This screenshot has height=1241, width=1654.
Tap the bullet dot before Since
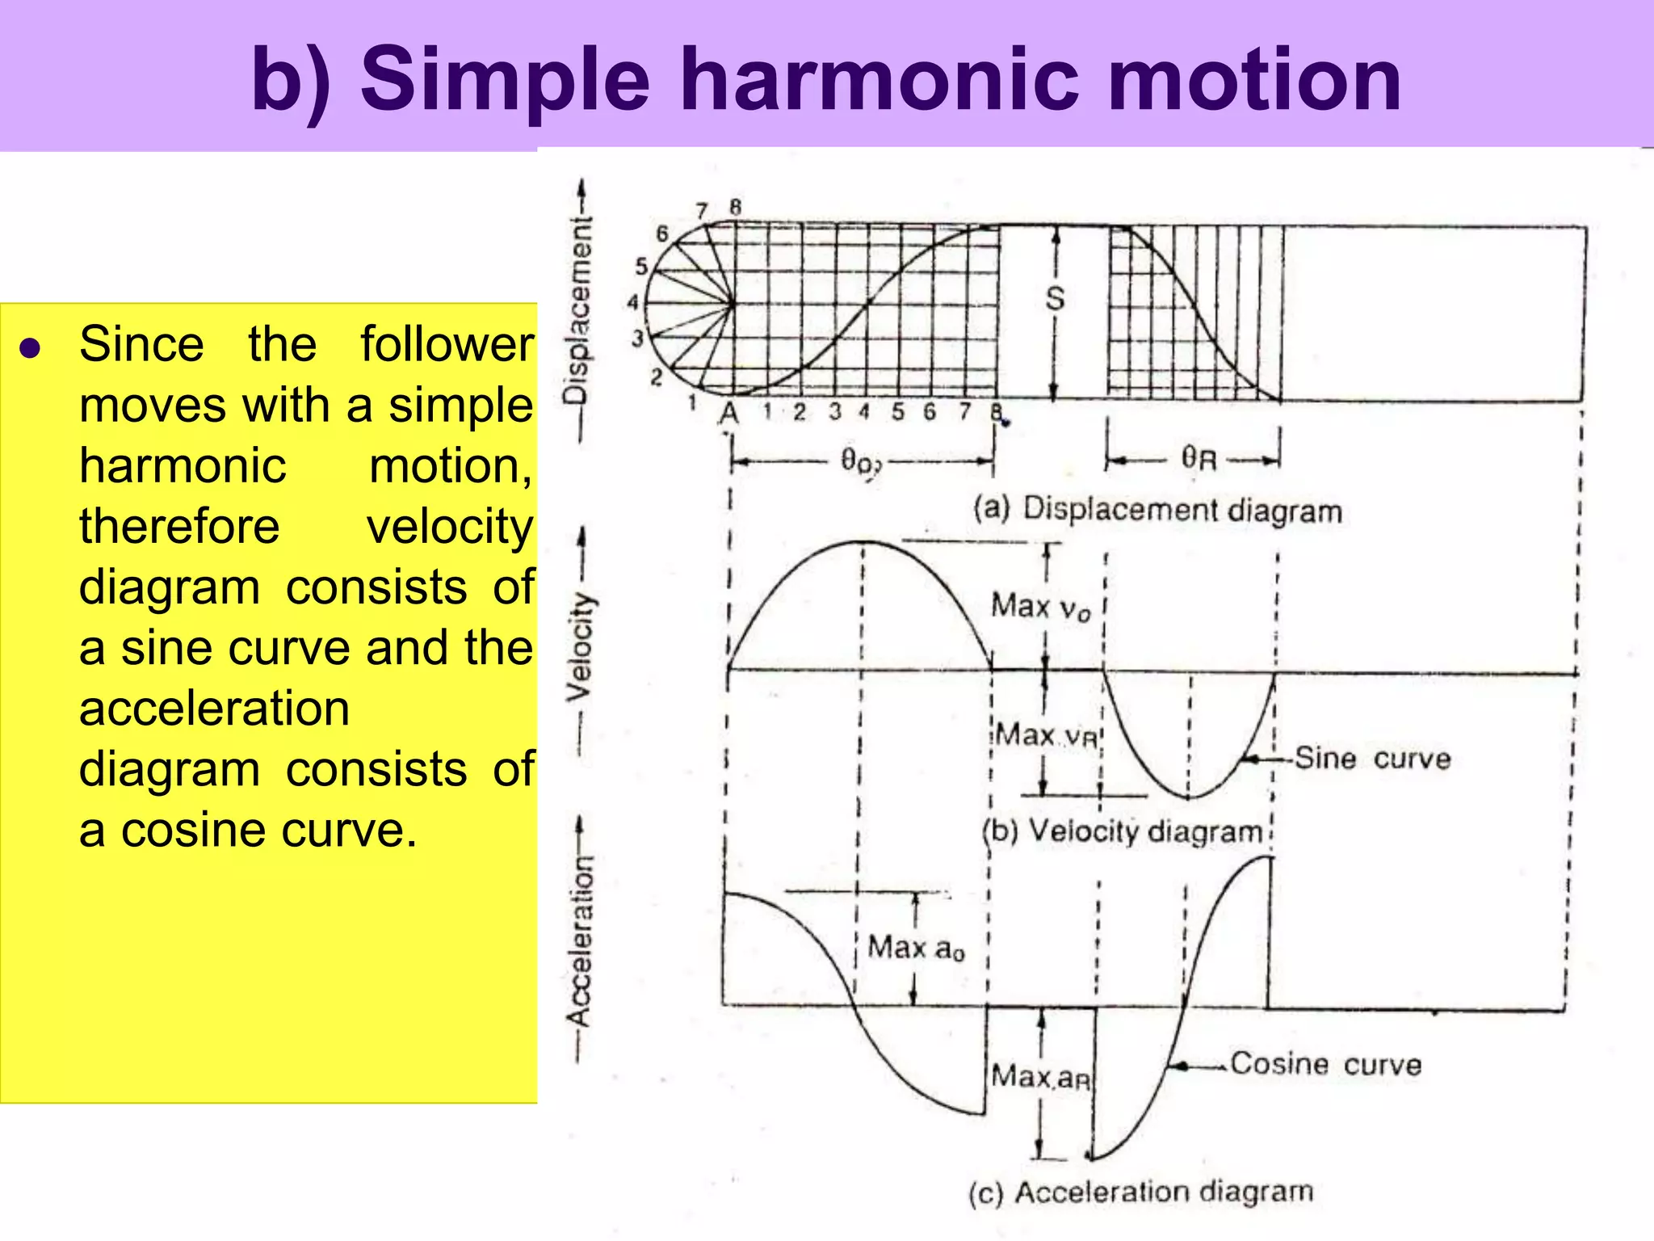(x=31, y=348)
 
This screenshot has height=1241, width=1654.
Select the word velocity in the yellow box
(x=450, y=527)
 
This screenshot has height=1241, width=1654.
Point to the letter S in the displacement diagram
(x=1055, y=299)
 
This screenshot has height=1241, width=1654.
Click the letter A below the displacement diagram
(x=728, y=414)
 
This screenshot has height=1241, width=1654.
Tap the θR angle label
(x=1199, y=459)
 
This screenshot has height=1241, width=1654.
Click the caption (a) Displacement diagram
(x=1157, y=510)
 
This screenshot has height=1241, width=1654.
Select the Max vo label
(x=1040, y=606)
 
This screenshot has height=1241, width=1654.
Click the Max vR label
(x=1046, y=736)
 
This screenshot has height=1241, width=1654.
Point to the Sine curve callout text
(x=1372, y=759)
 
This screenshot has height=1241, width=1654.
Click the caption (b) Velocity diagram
(x=1123, y=831)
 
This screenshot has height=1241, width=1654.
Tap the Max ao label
(x=916, y=948)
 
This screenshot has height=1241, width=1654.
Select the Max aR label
(x=1041, y=1076)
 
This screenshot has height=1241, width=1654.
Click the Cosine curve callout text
(x=1325, y=1064)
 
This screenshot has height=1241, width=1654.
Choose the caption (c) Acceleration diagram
(x=1140, y=1192)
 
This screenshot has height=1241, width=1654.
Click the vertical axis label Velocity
(x=580, y=646)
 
